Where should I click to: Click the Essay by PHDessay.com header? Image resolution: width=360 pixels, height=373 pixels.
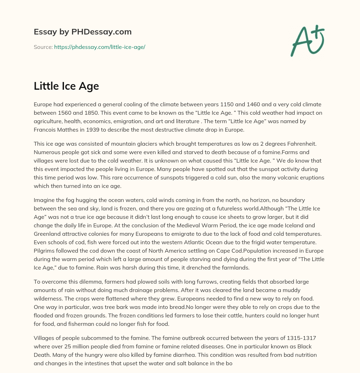click(83, 32)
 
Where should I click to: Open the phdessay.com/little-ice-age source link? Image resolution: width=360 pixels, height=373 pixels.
click(99, 47)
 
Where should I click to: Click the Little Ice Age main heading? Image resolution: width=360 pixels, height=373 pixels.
click(66, 86)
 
